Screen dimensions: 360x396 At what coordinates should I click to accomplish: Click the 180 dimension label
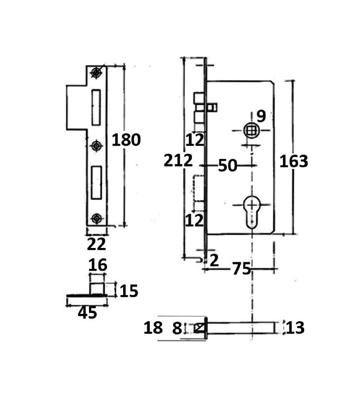pyautogui.click(x=126, y=140)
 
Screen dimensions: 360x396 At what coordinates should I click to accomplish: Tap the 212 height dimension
pyautogui.click(x=178, y=160)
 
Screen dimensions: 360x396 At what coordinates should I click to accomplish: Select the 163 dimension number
pyautogui.click(x=294, y=161)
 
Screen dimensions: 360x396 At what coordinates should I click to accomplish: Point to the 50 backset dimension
pyautogui.click(x=227, y=165)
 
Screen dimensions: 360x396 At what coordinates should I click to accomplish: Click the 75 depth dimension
pyautogui.click(x=241, y=268)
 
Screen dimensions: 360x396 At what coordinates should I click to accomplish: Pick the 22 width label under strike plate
pyautogui.click(x=96, y=244)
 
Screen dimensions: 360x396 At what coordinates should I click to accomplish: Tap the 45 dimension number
pyautogui.click(x=88, y=313)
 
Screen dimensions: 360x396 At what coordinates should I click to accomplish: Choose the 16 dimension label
pyautogui.click(x=98, y=265)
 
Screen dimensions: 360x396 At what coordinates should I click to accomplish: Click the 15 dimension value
pyautogui.click(x=129, y=291)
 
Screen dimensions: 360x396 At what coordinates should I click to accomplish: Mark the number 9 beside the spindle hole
pyautogui.click(x=261, y=116)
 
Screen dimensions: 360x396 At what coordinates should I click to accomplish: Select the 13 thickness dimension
pyautogui.click(x=295, y=328)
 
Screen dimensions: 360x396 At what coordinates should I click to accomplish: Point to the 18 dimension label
pyautogui.click(x=153, y=328)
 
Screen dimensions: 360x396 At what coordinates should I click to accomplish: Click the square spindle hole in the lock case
pyautogui.click(x=251, y=131)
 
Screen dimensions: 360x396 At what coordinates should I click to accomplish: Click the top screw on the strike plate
pyautogui.click(x=96, y=73)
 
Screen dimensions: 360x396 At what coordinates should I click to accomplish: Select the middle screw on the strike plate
pyautogui.click(x=96, y=146)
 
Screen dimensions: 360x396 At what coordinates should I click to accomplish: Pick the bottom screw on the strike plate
pyautogui.click(x=96, y=218)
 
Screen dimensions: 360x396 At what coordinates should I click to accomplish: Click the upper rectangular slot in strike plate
pyautogui.click(x=96, y=107)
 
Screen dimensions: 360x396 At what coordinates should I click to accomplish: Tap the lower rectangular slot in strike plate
pyautogui.click(x=96, y=182)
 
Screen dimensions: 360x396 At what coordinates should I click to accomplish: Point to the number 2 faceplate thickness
pyautogui.click(x=214, y=260)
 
